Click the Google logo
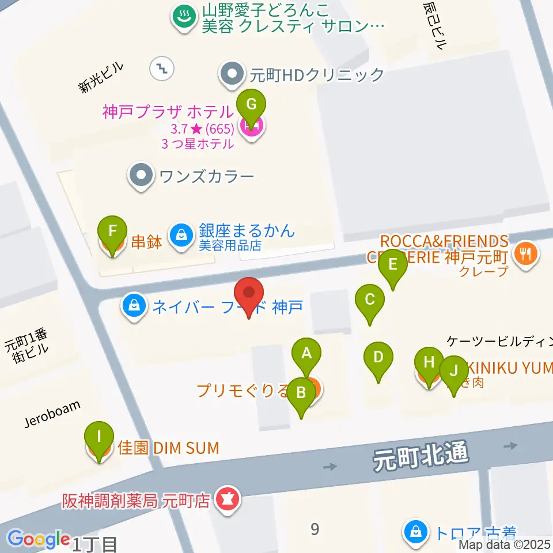(39, 539)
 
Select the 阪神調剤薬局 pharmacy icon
(224, 499)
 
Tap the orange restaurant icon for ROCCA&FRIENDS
(525, 254)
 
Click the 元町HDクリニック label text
(316, 75)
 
